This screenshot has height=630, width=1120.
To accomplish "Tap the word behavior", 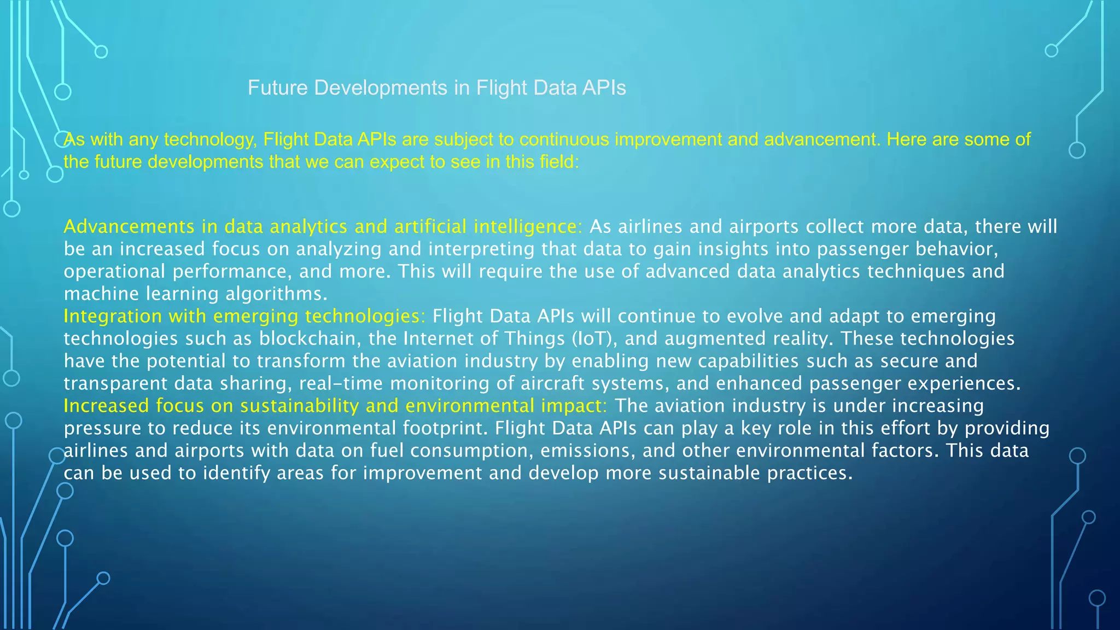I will point(956,249).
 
